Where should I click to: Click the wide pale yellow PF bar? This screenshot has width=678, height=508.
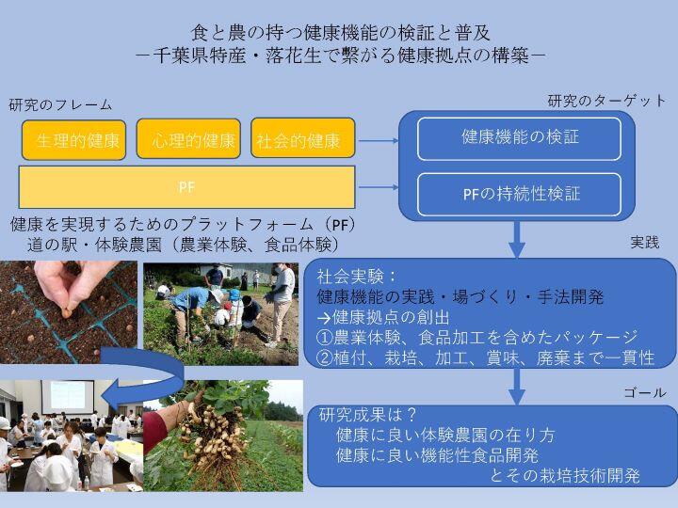click(x=186, y=186)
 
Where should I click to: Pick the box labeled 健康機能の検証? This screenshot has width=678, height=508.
click(x=519, y=137)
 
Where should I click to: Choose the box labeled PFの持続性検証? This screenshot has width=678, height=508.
click(x=519, y=195)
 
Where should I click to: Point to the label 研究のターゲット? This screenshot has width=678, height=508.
click(x=606, y=101)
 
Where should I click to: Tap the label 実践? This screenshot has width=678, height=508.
click(x=646, y=243)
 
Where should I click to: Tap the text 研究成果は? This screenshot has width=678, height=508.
click(x=368, y=415)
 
